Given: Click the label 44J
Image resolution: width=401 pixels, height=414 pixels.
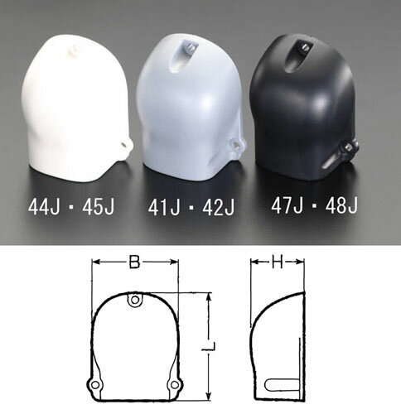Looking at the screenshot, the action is (x=44, y=207).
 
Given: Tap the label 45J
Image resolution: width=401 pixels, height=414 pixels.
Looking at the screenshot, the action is (x=98, y=207).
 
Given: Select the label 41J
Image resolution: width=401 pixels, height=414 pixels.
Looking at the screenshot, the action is (x=164, y=208).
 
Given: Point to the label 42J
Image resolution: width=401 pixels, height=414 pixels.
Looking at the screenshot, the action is (x=218, y=208).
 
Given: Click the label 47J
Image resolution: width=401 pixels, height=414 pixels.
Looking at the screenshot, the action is (x=287, y=205).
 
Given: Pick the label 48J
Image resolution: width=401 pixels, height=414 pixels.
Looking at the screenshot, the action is (x=341, y=205).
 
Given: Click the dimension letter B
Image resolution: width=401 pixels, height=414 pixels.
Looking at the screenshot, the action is (x=134, y=262).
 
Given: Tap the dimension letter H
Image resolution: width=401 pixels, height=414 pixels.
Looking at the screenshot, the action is (x=278, y=262).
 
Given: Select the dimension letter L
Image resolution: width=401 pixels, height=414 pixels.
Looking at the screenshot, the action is (x=209, y=346).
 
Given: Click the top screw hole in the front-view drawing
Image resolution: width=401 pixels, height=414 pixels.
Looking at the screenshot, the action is (x=135, y=300).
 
